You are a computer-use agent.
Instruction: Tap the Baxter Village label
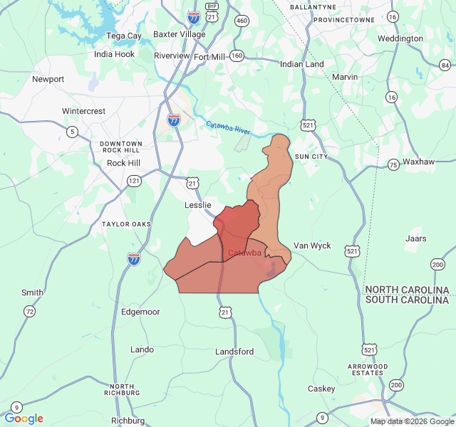tap(180, 33)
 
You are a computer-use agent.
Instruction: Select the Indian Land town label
tap(302, 64)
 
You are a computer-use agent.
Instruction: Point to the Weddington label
tap(400, 38)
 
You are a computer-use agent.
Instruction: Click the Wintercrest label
tap(83, 111)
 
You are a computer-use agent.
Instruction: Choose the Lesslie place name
tap(199, 205)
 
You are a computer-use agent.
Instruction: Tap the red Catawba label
tap(244, 253)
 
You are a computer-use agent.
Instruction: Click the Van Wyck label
tap(312, 246)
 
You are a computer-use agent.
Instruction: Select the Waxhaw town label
tap(418, 162)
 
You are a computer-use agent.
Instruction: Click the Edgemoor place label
tap(140, 312)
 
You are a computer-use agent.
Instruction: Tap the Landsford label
tap(234, 352)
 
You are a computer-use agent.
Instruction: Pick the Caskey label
tap(321, 389)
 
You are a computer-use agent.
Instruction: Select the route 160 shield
tap(237, 56)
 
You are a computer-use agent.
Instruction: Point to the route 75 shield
tap(393, 164)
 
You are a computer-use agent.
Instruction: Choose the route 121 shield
tap(133, 181)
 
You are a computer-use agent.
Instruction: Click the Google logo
tap(24, 418)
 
